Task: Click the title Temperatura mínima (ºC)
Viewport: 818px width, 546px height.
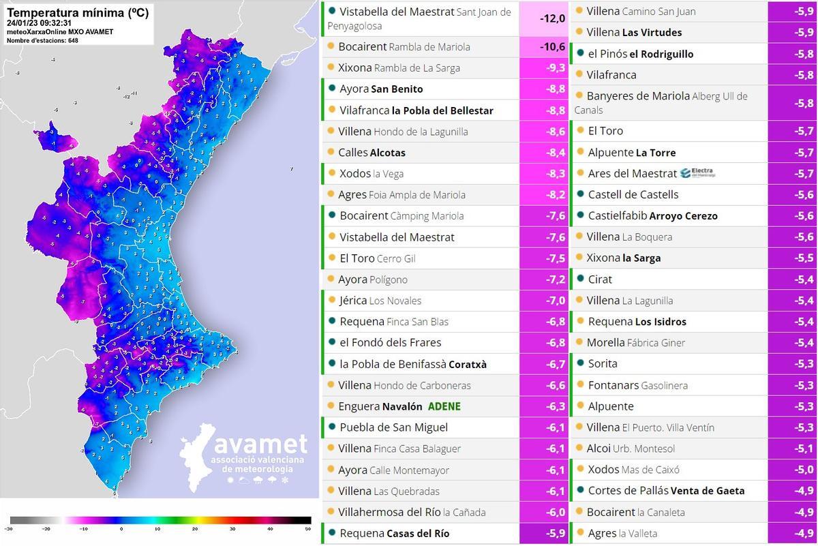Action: coord(77,12)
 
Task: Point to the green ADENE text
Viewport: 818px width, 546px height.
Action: coord(444,406)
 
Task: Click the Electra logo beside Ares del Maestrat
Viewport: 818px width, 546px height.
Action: coord(693,173)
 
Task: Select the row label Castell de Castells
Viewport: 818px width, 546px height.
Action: coord(633,194)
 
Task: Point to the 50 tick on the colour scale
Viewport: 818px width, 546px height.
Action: coord(308,529)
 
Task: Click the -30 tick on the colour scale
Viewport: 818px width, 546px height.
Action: coord(8,529)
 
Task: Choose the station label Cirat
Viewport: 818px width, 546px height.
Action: coord(600,279)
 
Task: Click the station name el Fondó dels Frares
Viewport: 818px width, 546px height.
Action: coord(390,342)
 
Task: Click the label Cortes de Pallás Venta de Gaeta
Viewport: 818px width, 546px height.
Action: coord(665,490)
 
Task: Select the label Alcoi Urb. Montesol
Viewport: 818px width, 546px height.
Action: coord(631,448)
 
